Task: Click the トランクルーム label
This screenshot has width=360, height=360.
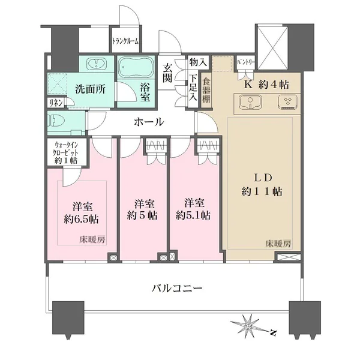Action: pos(125,41)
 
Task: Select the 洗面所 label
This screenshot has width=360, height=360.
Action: pos(90,88)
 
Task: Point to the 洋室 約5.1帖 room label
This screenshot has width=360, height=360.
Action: pos(193,208)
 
